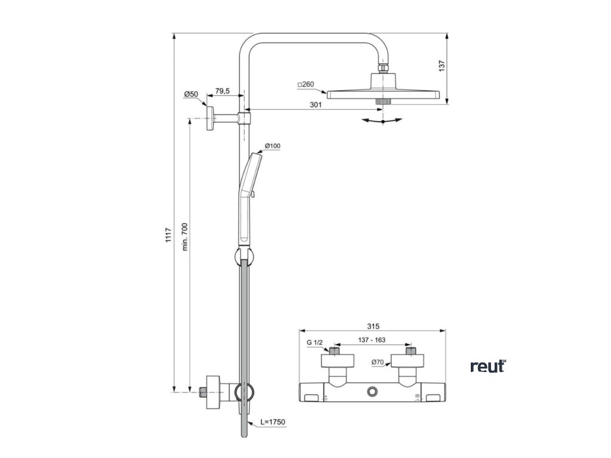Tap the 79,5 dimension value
pyautogui.click(x=223, y=91)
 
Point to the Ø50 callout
pyautogui.click(x=191, y=94)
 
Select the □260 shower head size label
pyautogui.click(x=305, y=85)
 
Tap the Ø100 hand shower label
pyautogui.click(x=273, y=146)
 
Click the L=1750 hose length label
pyautogui.click(x=274, y=422)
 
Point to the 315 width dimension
pyautogui.click(x=374, y=326)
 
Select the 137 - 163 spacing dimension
pyautogui.click(x=371, y=340)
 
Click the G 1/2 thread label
pyautogui.click(x=314, y=342)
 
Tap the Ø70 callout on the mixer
pyautogui.click(x=377, y=361)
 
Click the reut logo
pyautogui.click(x=487, y=366)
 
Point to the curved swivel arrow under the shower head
pyautogui.click(x=382, y=121)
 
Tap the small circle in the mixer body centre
pyautogui.click(x=374, y=392)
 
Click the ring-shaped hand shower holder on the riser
pyautogui.click(x=242, y=258)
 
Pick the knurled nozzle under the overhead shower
pyautogui.click(x=382, y=101)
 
